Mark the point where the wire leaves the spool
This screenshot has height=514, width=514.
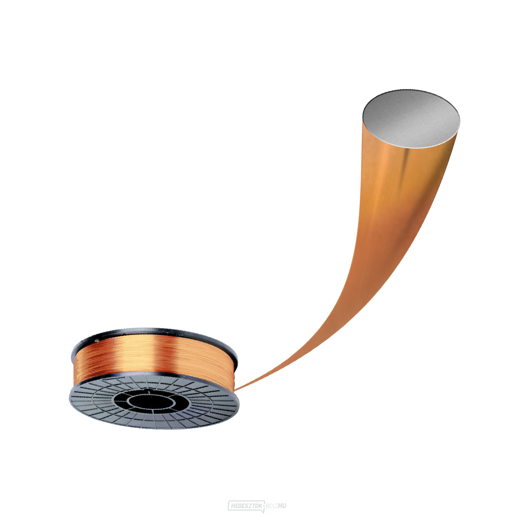point(235,390)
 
